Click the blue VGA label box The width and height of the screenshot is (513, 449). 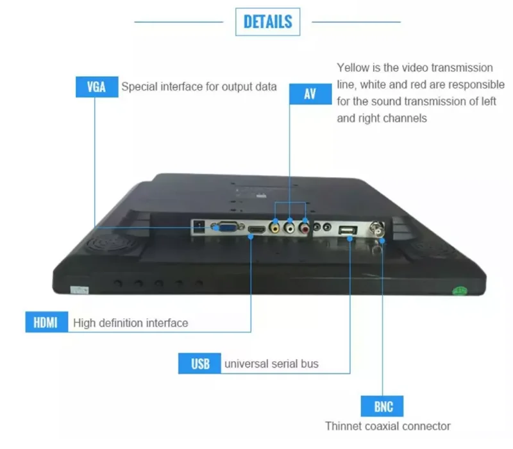96,87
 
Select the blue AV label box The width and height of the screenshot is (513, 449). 310,94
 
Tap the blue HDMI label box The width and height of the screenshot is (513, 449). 46,322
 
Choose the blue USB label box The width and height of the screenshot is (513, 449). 200,364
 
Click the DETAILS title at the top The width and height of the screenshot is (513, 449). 268,22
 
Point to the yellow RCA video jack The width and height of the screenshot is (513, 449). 274,226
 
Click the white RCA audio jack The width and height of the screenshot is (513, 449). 290,226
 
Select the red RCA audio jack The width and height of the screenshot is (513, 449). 304,226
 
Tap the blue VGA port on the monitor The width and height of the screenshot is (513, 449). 226,227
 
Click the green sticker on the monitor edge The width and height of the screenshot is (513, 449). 459,290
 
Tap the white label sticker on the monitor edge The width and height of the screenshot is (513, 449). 79,290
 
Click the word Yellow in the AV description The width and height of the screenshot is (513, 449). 354,67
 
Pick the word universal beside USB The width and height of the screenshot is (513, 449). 245,364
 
